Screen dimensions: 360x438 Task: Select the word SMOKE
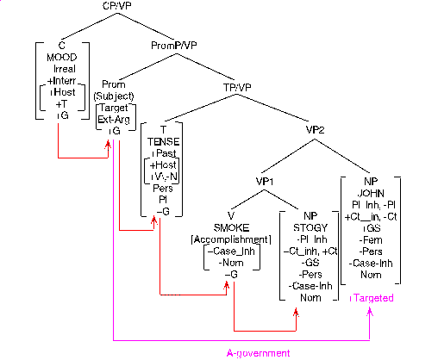point(230,227)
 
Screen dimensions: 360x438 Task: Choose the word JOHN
point(373,193)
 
